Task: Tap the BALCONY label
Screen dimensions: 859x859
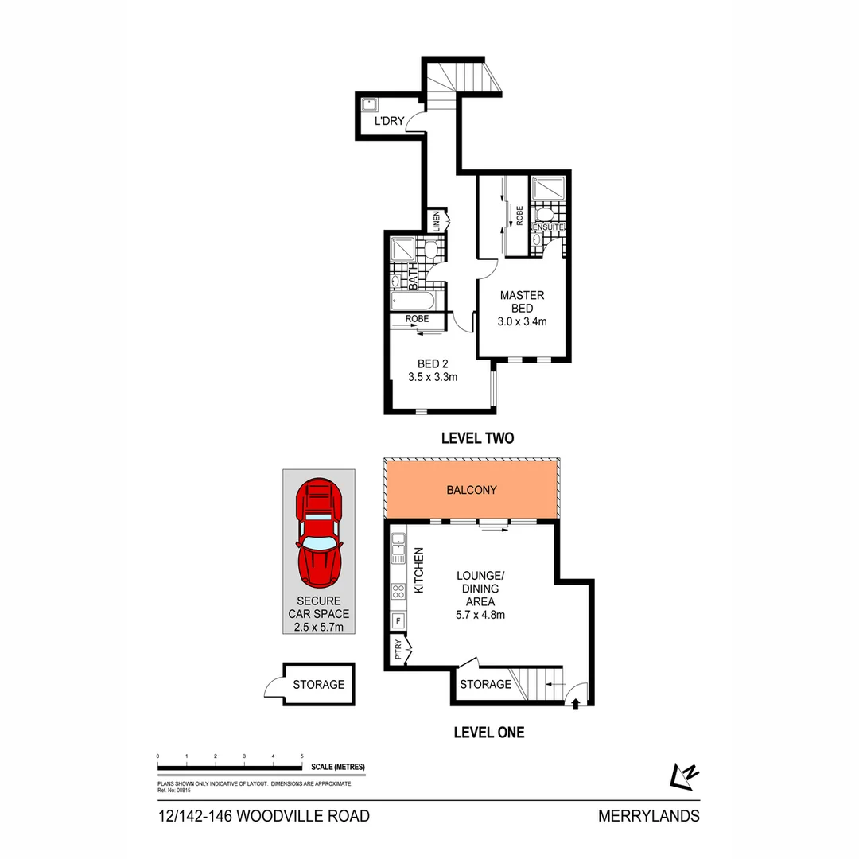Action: coord(472,490)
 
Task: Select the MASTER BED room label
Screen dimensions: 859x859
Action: coord(523,301)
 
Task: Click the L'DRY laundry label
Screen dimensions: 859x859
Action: coord(390,122)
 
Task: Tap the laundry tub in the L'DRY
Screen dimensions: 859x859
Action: coord(370,104)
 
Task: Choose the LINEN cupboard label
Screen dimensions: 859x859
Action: coord(436,220)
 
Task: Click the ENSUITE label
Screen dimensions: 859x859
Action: coord(548,227)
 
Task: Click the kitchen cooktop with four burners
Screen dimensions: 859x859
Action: coord(398,591)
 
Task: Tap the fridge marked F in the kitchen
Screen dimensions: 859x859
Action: coord(398,621)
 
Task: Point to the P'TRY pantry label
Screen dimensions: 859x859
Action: coord(398,651)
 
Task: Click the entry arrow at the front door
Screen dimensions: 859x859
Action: coord(575,703)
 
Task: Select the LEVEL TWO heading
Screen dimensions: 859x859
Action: coord(477,438)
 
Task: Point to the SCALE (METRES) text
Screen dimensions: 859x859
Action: coord(338,767)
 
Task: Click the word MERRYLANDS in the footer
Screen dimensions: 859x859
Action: coord(648,816)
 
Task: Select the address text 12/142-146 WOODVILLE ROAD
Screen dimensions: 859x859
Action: coord(263,816)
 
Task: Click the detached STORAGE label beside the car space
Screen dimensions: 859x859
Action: coord(318,684)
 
